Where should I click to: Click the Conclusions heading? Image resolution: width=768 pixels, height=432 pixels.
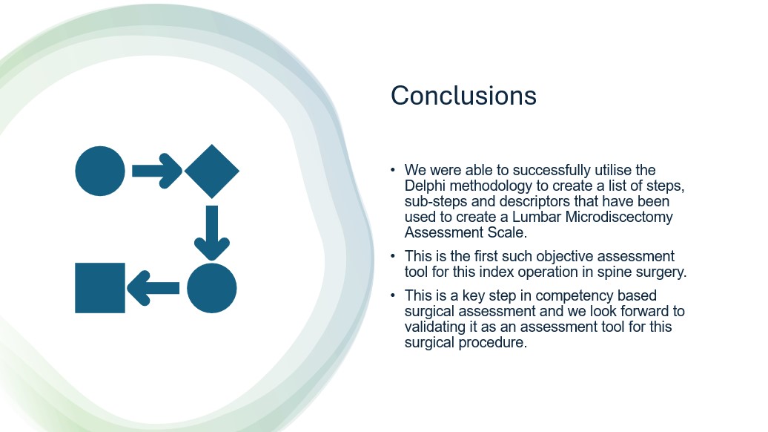tap(463, 95)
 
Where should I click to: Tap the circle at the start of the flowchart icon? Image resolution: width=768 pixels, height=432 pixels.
tap(100, 171)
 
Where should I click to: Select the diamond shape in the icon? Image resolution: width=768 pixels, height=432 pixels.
tap(211, 171)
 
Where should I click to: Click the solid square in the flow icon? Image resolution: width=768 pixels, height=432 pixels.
tap(100, 288)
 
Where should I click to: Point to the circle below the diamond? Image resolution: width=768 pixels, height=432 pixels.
tap(211, 288)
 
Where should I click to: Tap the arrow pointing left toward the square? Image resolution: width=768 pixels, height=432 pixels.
tap(153, 288)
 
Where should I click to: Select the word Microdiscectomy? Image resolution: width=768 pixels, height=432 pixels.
tap(619, 217)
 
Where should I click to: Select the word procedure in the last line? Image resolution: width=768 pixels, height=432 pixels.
tap(493, 342)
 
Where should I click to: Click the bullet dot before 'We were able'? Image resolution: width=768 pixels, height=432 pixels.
tap(393, 170)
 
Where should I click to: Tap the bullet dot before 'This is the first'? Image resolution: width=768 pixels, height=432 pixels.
tap(393, 256)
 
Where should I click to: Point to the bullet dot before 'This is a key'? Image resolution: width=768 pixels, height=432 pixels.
tap(393, 295)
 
